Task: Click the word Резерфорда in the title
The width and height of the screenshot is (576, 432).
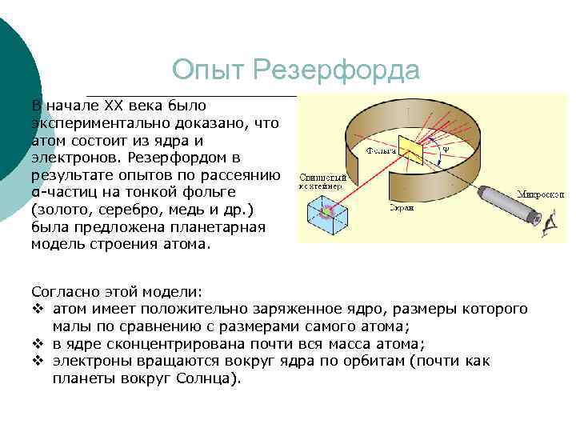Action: coord(335,70)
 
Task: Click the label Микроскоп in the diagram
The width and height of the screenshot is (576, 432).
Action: coord(540,194)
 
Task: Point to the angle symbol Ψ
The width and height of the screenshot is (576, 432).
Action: coord(446,148)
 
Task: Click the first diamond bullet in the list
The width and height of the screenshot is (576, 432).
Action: coord(36,309)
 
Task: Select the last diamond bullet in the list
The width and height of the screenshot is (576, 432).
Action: coord(36,362)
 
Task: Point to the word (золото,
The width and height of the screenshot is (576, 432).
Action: coord(59,210)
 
